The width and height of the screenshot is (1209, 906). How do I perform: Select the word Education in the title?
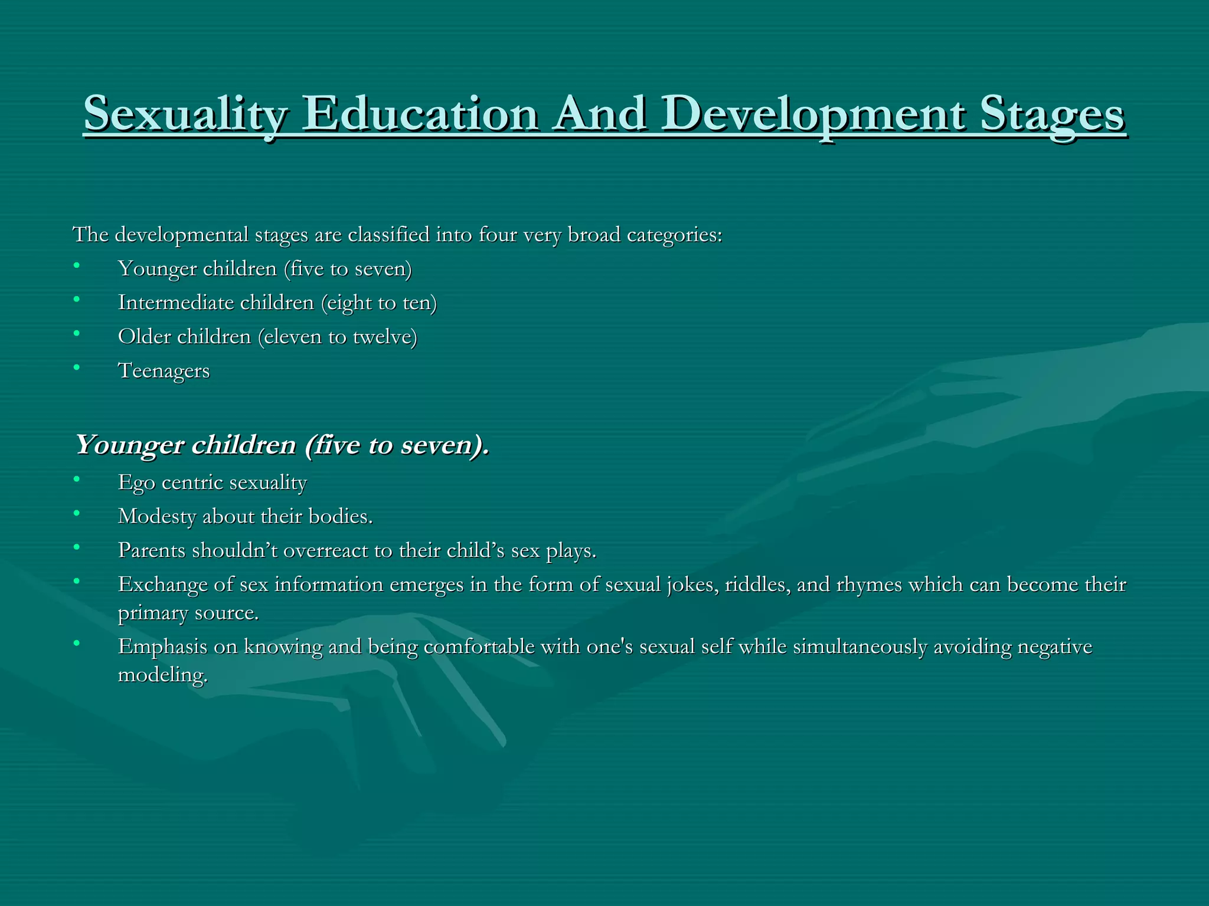420,114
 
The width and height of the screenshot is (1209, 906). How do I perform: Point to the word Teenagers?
164,371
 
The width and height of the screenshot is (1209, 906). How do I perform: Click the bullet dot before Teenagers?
76,367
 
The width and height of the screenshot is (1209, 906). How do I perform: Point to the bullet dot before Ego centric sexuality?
76,479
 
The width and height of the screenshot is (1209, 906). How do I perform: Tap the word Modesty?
157,517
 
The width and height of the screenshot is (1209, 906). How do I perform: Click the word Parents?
152,550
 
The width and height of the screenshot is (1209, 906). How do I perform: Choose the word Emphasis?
162,647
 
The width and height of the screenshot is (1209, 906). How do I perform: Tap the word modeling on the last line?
162,675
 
